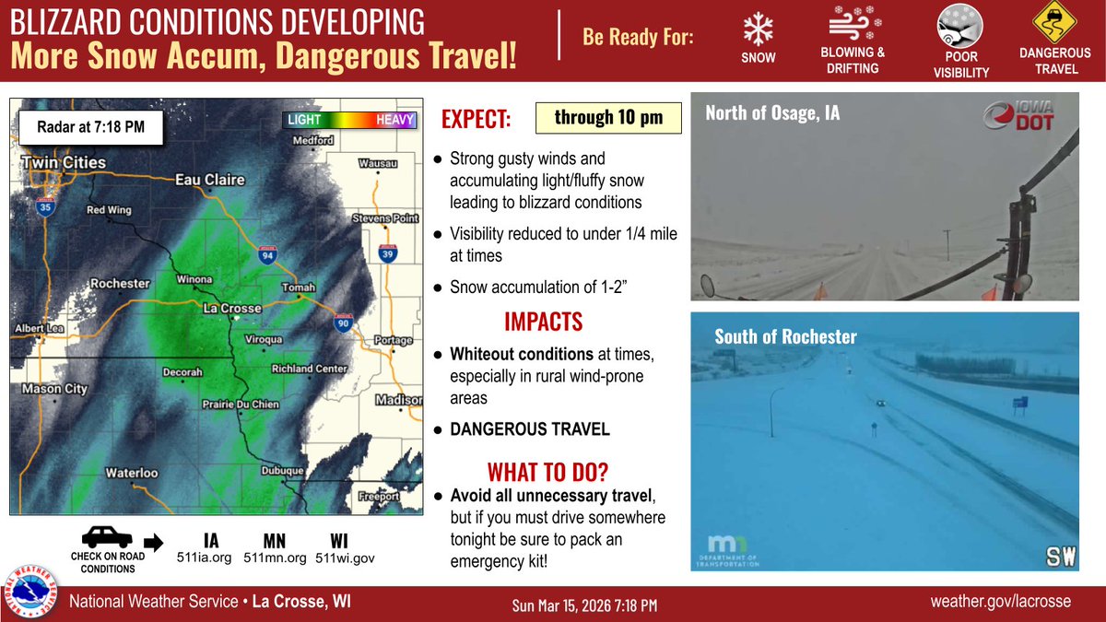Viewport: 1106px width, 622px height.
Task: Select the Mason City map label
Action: [x=54, y=389]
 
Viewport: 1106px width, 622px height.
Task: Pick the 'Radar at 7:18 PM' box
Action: [x=91, y=127]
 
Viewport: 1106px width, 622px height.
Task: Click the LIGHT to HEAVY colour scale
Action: [x=350, y=120]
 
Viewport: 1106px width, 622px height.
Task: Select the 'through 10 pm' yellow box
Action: [x=608, y=117]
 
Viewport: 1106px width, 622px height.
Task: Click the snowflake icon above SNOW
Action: [x=759, y=30]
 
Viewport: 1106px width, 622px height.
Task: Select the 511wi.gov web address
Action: [x=345, y=557]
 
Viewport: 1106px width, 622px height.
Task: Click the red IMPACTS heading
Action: [x=543, y=322]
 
